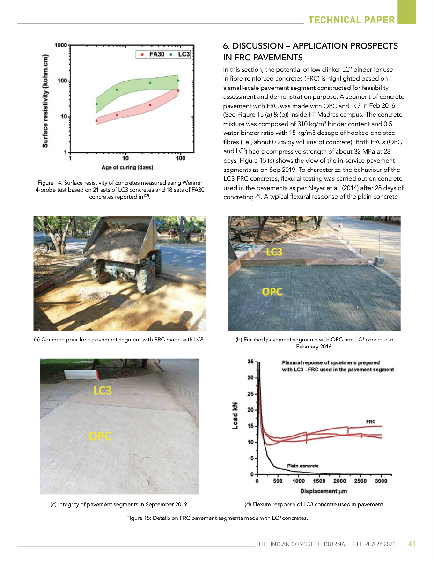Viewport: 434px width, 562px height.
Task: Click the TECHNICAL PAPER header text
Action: click(x=352, y=20)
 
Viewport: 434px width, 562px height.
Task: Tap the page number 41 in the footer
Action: click(x=412, y=544)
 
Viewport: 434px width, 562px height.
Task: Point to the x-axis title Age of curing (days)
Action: click(x=127, y=167)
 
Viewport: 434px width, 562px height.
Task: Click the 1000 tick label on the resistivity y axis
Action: click(x=60, y=45)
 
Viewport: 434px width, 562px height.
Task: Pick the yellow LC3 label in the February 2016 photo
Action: click(x=274, y=252)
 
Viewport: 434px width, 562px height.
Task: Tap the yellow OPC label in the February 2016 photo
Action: click(x=272, y=292)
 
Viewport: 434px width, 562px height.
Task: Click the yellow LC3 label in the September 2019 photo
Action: click(x=103, y=390)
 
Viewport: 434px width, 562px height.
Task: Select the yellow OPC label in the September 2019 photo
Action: click(x=100, y=436)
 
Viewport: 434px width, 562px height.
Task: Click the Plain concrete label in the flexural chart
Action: click(x=302, y=466)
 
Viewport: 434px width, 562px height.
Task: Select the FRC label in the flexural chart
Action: click(x=370, y=422)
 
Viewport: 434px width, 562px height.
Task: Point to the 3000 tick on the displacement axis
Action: click(x=381, y=481)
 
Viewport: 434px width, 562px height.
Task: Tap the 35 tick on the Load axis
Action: click(x=250, y=362)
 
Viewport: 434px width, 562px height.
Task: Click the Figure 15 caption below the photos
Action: click(x=217, y=518)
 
